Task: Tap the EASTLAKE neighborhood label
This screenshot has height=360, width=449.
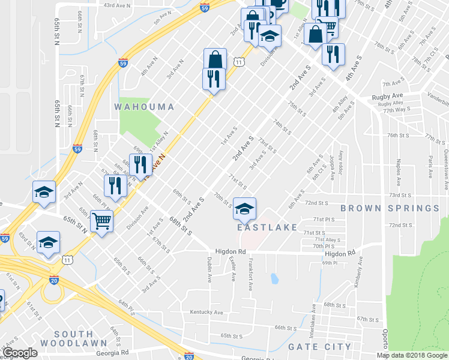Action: pyautogui.click(x=267, y=227)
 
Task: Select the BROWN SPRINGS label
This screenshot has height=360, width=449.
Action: pyautogui.click(x=390, y=208)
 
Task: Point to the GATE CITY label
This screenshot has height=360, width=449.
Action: pyautogui.click(x=319, y=347)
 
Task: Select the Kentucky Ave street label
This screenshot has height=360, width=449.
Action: pyautogui.click(x=206, y=313)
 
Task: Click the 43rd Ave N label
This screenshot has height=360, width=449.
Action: pyautogui.click(x=118, y=5)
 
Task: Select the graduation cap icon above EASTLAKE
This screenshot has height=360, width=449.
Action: pyautogui.click(x=244, y=209)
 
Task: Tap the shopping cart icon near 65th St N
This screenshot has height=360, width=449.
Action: pyautogui.click(x=101, y=221)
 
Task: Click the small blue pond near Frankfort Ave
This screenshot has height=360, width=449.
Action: pyautogui.click(x=274, y=279)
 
